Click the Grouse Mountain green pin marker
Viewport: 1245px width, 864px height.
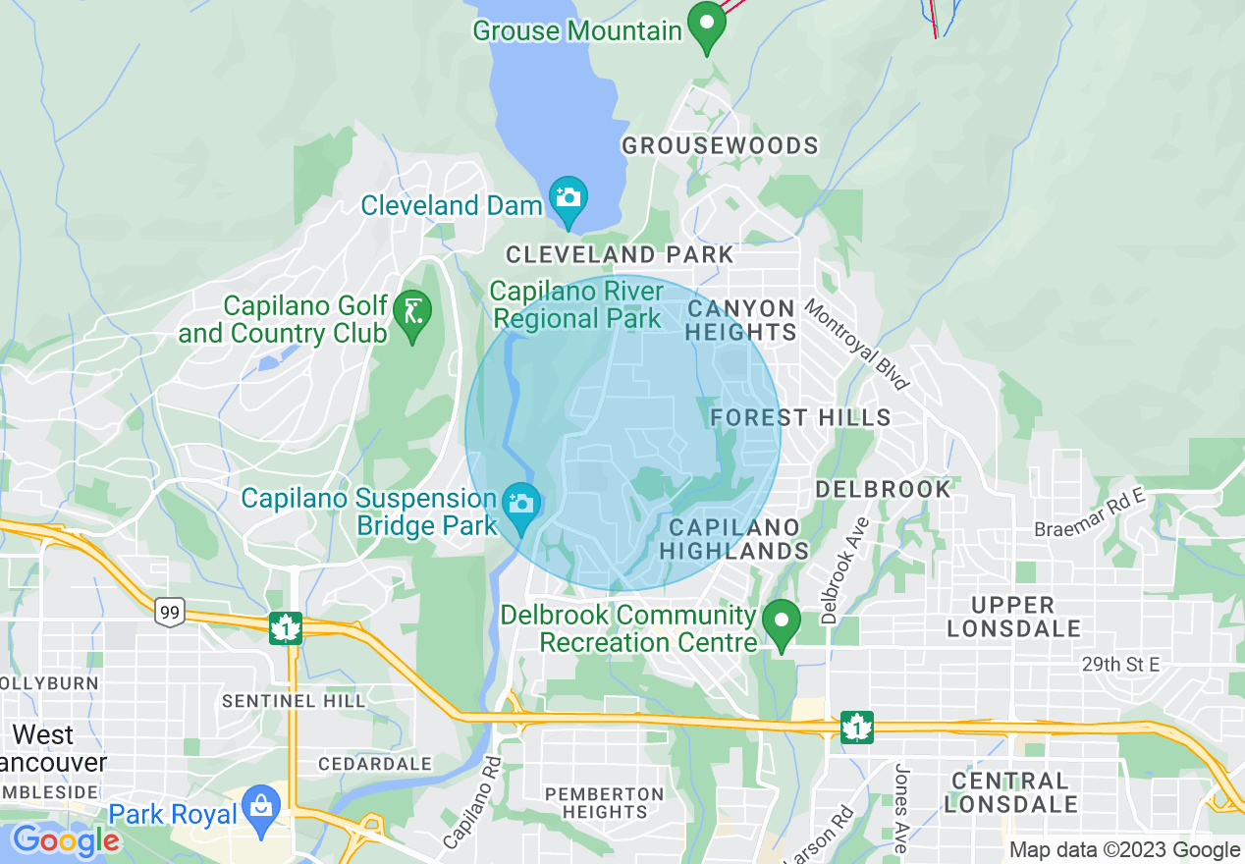coord(705,27)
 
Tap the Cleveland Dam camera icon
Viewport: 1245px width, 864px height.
coord(568,197)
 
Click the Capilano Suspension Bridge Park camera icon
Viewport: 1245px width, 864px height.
coord(520,505)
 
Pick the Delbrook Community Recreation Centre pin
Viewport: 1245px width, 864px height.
coord(782,622)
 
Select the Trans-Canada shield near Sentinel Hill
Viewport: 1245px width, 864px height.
coord(286,627)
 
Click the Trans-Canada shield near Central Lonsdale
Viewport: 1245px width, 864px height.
coord(857,728)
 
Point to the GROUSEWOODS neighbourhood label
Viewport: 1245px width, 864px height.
coord(720,146)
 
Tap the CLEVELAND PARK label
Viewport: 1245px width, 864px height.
coord(620,255)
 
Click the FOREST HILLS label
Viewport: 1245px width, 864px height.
coord(800,417)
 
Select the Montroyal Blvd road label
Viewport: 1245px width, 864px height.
coord(857,345)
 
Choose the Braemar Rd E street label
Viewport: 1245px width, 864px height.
coord(1090,514)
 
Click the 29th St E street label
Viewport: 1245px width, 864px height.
coord(1120,665)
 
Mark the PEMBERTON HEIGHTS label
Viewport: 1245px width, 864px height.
coord(605,802)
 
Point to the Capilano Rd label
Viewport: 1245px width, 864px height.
coord(471,802)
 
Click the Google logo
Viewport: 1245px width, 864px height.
coord(65,840)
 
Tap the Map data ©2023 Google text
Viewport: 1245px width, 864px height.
coord(1124,850)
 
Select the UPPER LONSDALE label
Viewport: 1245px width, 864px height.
coord(1013,617)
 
